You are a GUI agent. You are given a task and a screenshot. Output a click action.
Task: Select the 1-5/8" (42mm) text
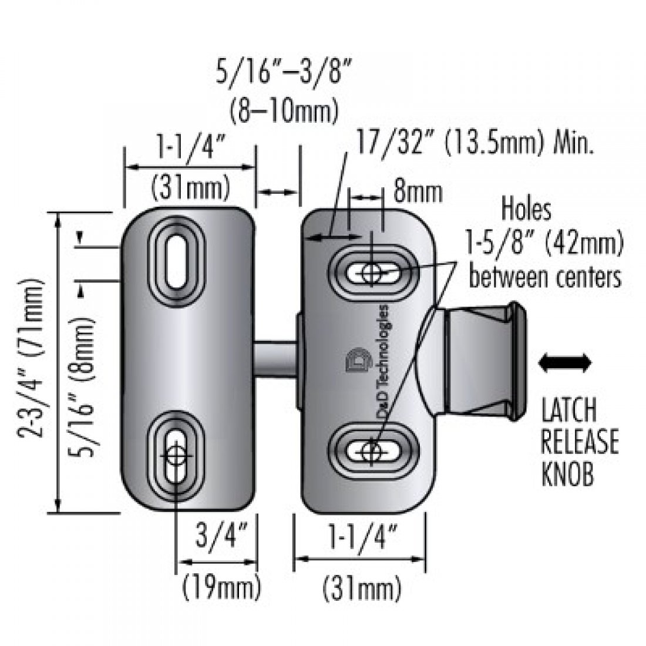pos(544,243)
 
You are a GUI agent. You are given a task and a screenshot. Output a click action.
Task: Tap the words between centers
pos(544,276)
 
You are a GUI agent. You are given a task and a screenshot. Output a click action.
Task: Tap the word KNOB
pos(567,473)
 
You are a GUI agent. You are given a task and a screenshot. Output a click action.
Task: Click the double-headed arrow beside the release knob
pos(564,363)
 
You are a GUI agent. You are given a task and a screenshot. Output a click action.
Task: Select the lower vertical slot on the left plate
pos(176,456)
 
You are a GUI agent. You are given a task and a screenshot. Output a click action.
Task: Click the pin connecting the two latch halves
pos(275,358)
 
